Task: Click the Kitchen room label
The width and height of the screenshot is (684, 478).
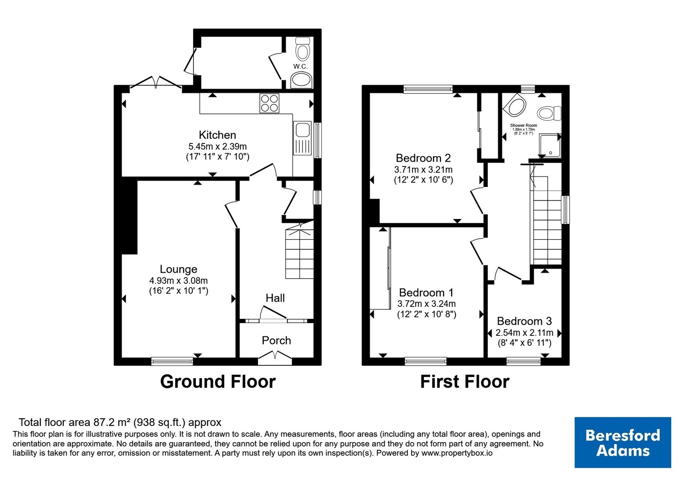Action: (218, 135)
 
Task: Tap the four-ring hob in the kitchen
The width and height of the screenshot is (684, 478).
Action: (269, 103)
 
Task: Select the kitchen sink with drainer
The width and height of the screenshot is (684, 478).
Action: (302, 138)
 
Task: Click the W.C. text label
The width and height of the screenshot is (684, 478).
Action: (300, 66)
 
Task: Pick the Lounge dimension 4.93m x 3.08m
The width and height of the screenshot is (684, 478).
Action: (179, 280)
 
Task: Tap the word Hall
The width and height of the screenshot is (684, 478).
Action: (275, 298)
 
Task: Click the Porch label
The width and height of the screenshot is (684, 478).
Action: (276, 340)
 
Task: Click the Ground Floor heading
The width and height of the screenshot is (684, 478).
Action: (218, 382)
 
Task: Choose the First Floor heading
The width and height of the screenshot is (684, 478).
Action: (464, 382)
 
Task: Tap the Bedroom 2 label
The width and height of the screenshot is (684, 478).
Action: (423, 158)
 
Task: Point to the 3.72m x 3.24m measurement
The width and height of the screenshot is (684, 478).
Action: (426, 303)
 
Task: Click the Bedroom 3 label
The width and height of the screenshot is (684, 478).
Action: (524, 321)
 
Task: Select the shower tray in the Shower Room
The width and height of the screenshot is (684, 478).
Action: (550, 146)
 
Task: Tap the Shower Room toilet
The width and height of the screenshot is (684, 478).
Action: (549, 113)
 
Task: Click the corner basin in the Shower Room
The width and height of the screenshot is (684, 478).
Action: (515, 105)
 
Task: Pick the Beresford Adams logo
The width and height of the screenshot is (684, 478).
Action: (622, 442)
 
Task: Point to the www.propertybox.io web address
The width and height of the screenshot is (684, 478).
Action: (457, 453)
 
